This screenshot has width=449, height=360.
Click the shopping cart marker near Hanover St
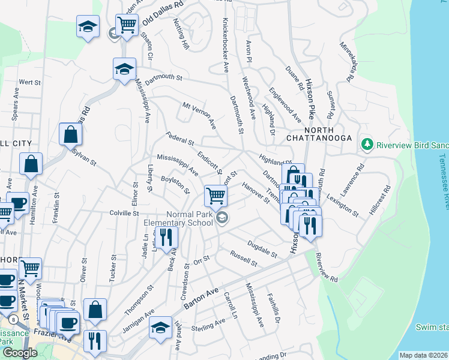[x=215, y=194]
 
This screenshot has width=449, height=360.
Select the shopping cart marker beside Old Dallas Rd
[x=127, y=25]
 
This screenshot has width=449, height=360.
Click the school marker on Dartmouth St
[x=124, y=68]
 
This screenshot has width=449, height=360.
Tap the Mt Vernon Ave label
[x=199, y=115]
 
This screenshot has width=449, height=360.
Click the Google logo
[x=20, y=353]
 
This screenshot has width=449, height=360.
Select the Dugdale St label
[x=262, y=248]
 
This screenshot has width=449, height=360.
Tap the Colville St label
[x=124, y=213]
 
